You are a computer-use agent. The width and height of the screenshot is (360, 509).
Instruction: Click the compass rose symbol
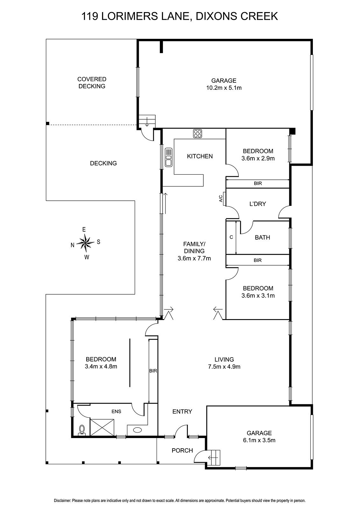(x=85, y=243)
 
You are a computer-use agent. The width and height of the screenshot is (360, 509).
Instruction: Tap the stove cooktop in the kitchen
(x=197, y=134)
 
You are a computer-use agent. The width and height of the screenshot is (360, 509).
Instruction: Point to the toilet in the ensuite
(x=81, y=431)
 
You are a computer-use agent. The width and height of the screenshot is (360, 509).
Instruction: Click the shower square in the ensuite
(x=102, y=427)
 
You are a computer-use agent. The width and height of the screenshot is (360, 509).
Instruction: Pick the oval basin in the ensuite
(x=138, y=430)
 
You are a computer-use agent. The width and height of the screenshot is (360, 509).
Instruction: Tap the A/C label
(x=221, y=199)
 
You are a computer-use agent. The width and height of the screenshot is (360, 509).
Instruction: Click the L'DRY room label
(x=258, y=204)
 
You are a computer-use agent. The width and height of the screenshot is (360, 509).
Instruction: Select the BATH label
(x=262, y=237)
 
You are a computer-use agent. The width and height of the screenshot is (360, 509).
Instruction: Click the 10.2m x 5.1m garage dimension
(x=224, y=88)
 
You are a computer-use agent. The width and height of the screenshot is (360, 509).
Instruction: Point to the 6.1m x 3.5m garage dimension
(x=259, y=440)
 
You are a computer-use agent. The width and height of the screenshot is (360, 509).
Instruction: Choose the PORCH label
(x=182, y=450)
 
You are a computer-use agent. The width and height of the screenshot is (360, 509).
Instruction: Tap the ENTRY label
(x=182, y=412)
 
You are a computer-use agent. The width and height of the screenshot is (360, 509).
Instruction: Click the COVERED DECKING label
(x=92, y=83)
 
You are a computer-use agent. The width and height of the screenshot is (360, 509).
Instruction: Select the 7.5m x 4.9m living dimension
(x=224, y=367)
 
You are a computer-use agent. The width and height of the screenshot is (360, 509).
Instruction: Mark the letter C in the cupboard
(x=231, y=237)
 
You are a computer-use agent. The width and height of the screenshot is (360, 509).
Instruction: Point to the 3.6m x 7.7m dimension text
(x=194, y=258)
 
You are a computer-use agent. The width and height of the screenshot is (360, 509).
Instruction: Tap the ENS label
(x=116, y=411)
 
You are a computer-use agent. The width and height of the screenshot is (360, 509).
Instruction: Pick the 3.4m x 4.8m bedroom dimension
(x=101, y=366)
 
